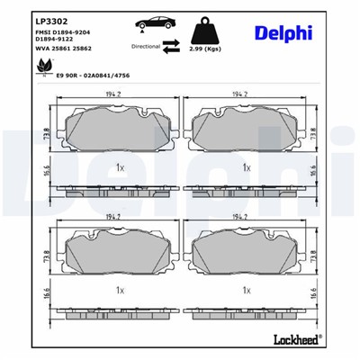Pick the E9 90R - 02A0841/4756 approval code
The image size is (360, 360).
94,76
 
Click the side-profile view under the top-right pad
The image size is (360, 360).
244,191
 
